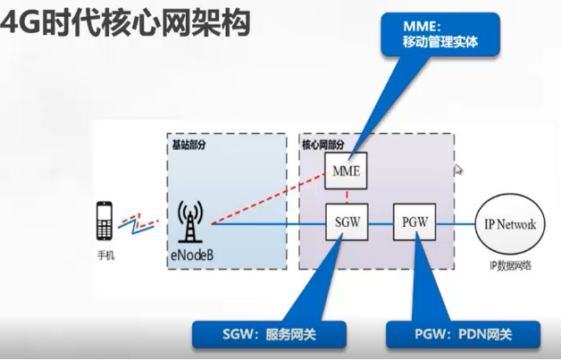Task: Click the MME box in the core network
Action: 345,171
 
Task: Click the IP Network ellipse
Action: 507,224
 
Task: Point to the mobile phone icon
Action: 105,222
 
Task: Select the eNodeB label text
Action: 192,255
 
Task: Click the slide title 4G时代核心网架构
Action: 125,21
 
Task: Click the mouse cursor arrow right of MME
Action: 458,169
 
